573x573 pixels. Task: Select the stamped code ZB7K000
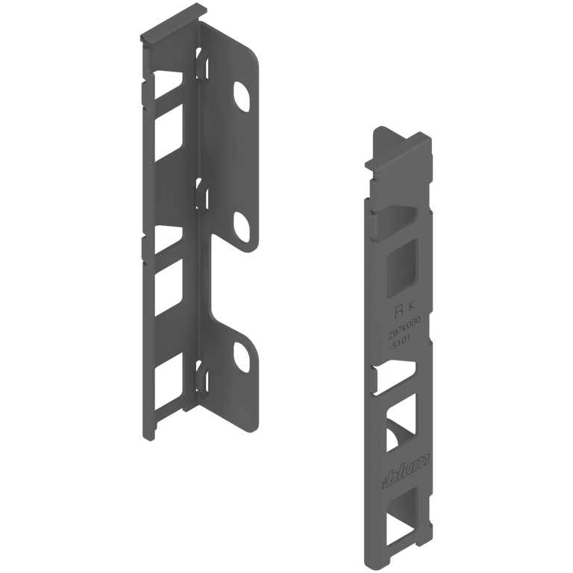(403, 325)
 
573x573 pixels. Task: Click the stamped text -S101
(401, 342)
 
